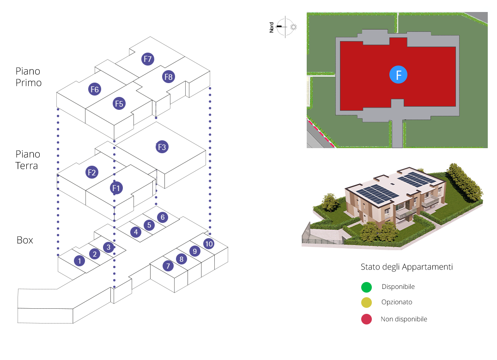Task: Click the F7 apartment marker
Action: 148,59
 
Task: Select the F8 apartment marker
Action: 169,77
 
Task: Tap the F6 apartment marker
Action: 95,89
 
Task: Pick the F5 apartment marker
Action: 119,103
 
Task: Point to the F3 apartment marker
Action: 162,147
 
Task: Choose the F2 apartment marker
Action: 92,173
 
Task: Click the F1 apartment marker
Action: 116,188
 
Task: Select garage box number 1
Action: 79,261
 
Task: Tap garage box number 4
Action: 135,232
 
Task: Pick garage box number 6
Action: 162,217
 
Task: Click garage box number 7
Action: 168,266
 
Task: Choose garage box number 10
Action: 209,243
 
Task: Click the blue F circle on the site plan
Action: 398,75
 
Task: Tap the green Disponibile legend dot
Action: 366,287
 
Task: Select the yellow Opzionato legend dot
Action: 366,303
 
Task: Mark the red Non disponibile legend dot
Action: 366,319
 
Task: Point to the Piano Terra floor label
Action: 28,160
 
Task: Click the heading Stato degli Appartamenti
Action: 406,267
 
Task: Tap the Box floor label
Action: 25,240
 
